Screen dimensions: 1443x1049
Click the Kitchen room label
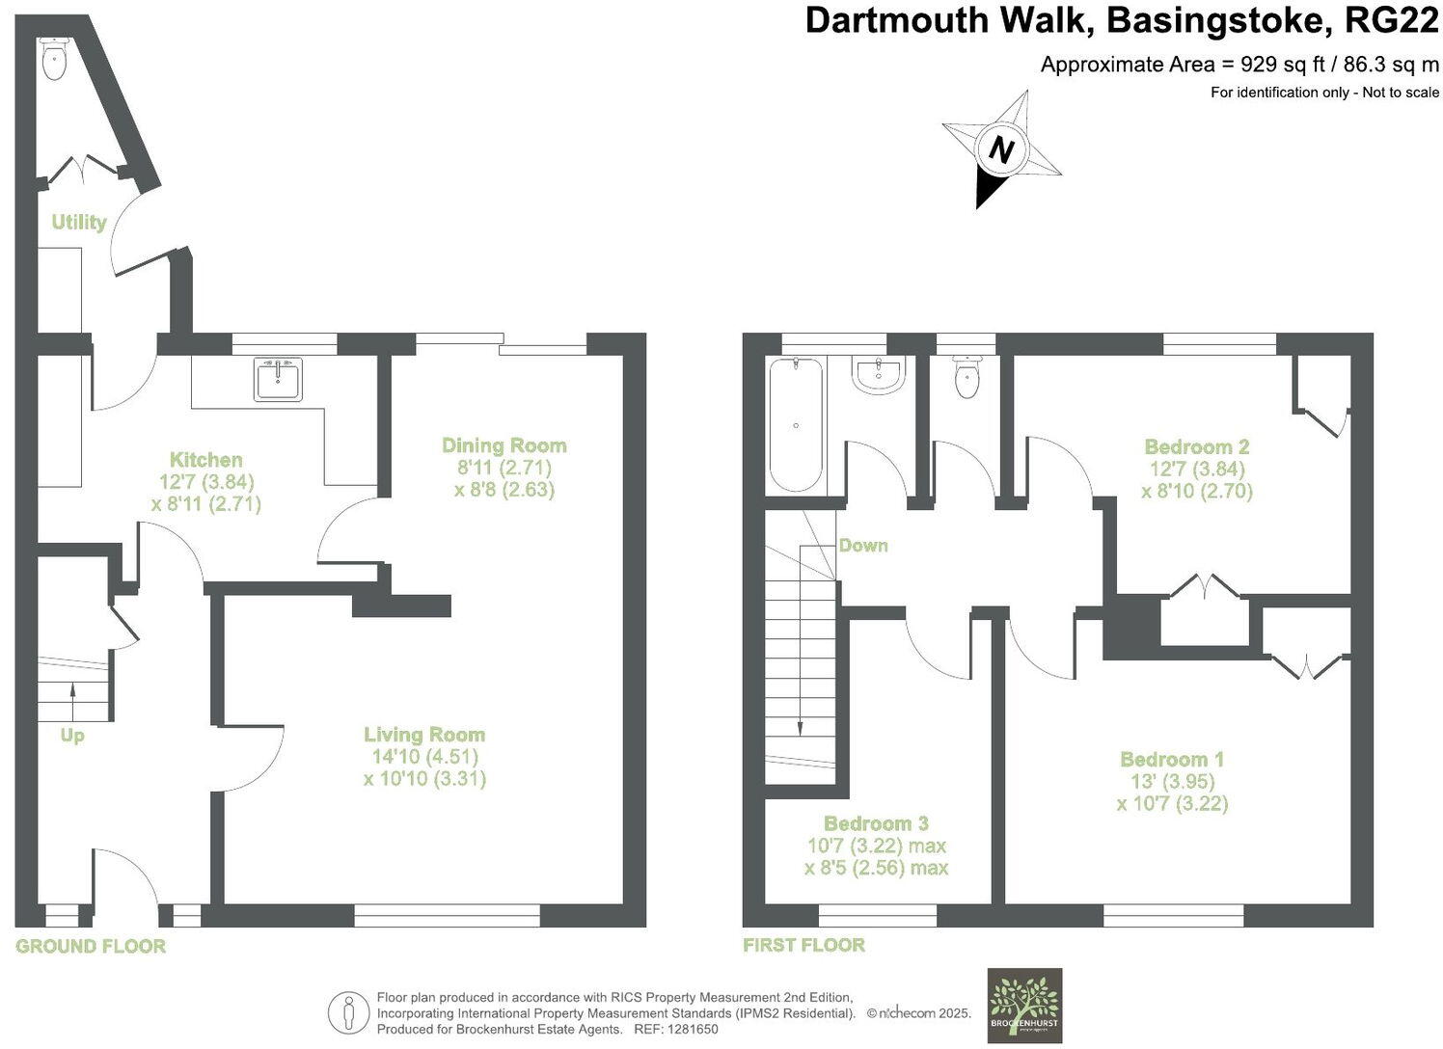205,460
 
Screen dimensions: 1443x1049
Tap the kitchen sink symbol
278,379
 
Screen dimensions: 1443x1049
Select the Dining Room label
504,445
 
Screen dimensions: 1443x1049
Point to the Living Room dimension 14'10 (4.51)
424,757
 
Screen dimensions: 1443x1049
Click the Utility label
78,222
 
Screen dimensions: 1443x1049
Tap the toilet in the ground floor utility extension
55,60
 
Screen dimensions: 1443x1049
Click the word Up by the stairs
72,736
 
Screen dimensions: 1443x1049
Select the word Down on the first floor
862,545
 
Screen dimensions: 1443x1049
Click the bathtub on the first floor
796,424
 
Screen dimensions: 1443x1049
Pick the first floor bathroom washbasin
878,376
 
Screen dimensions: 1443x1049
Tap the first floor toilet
967,377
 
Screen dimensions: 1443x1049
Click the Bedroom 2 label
1196,446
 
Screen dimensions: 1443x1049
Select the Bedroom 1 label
1172,760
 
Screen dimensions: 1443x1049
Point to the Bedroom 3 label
876,823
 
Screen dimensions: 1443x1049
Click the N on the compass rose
1002,151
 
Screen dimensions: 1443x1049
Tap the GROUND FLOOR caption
91,946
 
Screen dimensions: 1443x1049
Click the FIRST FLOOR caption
803,945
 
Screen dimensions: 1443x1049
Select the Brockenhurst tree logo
1024,1004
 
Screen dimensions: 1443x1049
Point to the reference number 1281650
685,1029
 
